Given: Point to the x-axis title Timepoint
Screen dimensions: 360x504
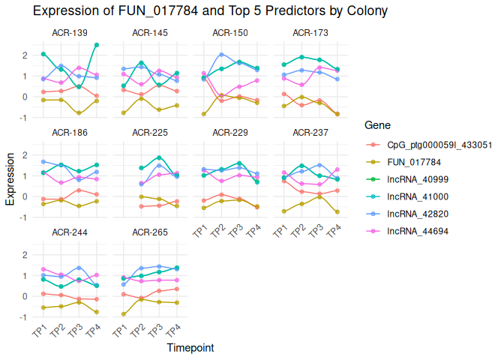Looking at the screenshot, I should point(190,348).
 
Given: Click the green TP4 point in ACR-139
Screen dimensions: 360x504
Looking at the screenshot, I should point(97,45).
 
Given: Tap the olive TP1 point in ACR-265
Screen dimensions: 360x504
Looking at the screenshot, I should point(124,314).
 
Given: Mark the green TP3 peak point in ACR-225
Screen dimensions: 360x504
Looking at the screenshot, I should point(159,158).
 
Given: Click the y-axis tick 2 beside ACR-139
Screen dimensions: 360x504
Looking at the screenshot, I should point(28,55).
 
